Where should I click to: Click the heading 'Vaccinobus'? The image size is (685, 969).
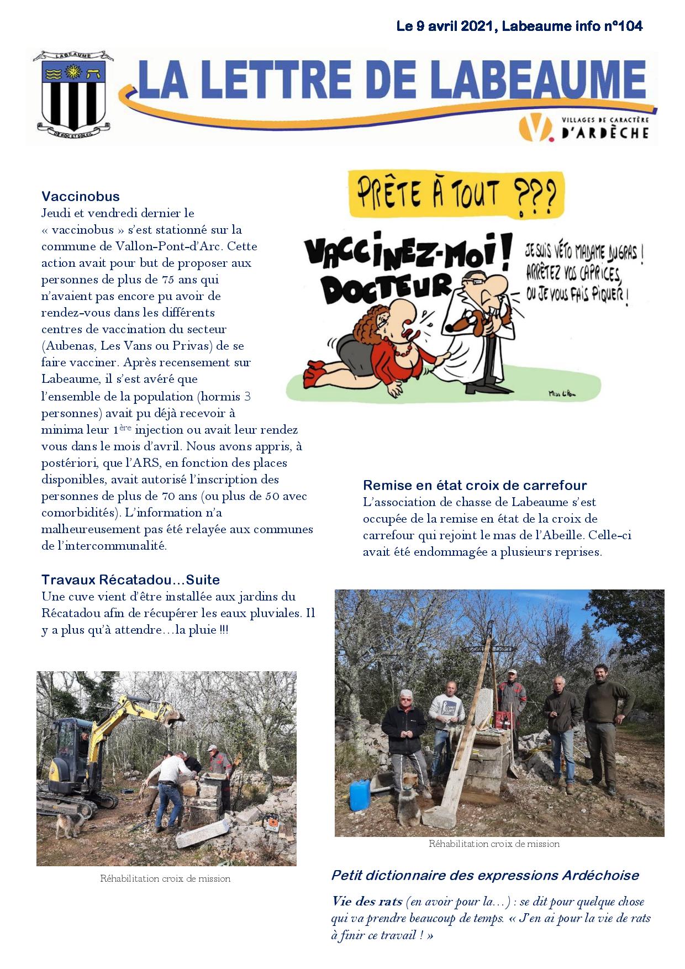tap(81, 196)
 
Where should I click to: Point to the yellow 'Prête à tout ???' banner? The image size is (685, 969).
tap(456, 194)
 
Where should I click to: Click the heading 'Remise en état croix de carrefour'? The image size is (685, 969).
tap(475, 486)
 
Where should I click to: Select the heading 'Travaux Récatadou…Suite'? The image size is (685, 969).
tap(130, 580)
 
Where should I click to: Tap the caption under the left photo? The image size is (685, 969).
tap(165, 878)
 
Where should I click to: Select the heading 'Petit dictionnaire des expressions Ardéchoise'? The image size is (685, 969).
tap(484, 875)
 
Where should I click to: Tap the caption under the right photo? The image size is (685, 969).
tap(494, 844)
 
